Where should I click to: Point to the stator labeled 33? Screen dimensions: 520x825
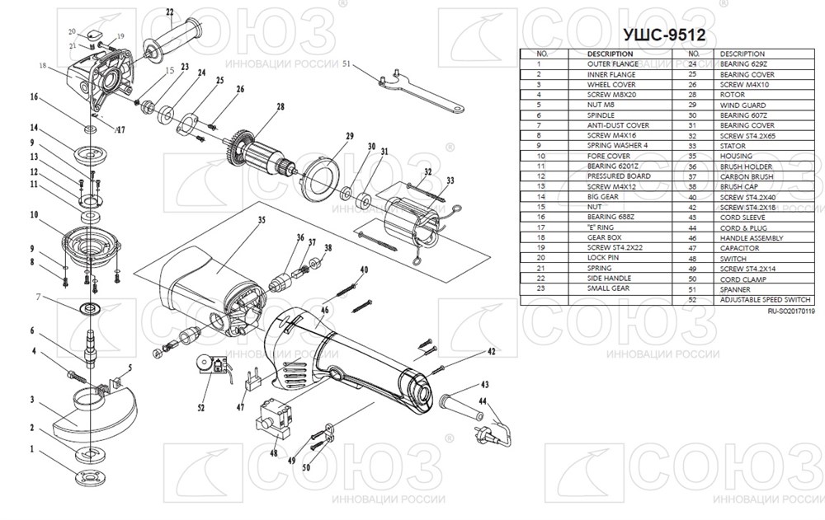[408, 220]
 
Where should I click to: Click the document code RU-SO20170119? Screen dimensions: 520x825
[790, 312]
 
